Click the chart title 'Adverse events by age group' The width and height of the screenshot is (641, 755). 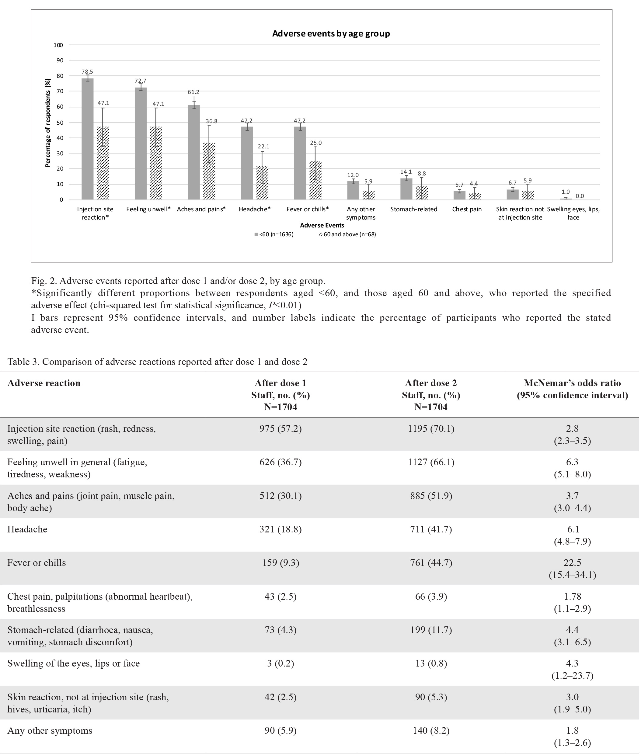(331, 34)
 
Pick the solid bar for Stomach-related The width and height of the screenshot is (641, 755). (406, 189)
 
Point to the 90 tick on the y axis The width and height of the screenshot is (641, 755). (59, 61)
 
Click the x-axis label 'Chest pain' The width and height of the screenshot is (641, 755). (467, 209)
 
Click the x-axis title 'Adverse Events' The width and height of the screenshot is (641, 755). (322, 225)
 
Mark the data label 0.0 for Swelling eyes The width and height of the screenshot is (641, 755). (580, 196)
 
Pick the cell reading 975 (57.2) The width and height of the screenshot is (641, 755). (280, 429)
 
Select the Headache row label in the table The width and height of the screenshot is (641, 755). (27, 529)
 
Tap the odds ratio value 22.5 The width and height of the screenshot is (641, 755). (572, 563)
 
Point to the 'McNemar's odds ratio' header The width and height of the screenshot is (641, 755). (572, 383)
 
